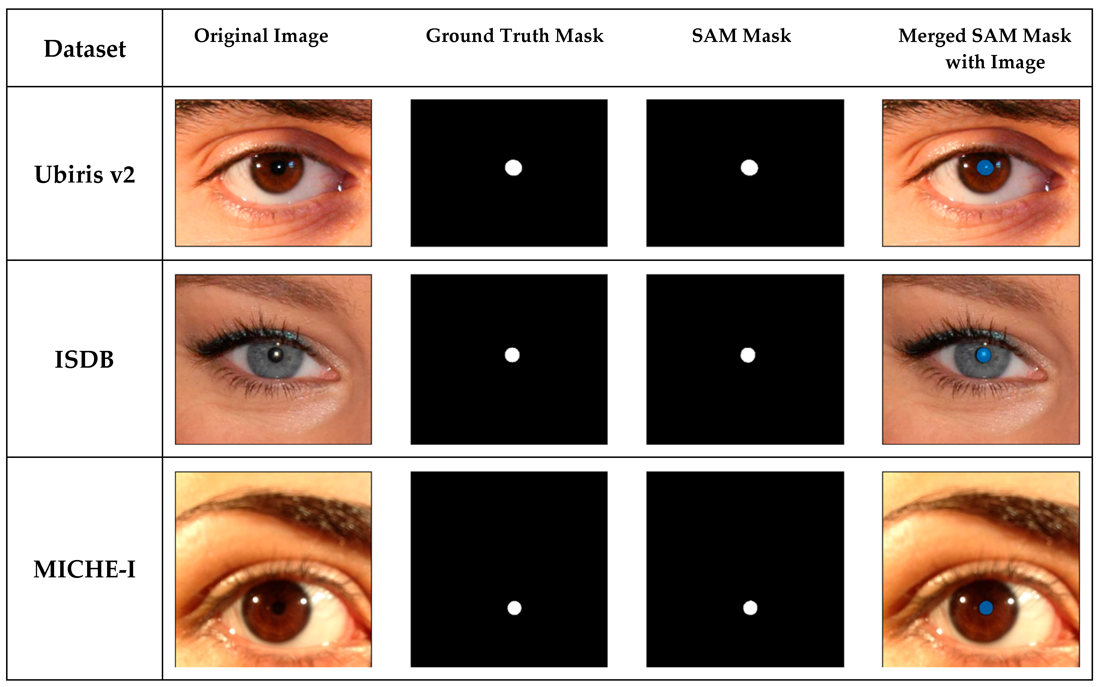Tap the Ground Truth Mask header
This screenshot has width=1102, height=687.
pos(515,36)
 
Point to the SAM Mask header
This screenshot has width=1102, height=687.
pos(741,36)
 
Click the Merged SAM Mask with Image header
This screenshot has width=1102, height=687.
pos(985,48)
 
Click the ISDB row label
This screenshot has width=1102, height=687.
pos(84,359)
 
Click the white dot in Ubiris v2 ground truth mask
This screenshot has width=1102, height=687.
pos(513,168)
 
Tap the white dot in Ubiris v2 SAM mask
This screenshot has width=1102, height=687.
pos(749,168)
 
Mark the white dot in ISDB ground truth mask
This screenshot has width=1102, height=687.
pos(512,355)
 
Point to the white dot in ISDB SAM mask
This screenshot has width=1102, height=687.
pos(747,355)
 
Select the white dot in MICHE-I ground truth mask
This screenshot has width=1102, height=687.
pos(515,608)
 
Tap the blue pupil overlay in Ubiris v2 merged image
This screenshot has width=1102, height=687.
pos(985,168)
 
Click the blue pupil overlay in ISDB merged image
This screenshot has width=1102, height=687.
pos(983,355)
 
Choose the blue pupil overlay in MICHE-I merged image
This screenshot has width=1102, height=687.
pos(986,608)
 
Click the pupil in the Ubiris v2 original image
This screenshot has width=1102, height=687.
pos(278,168)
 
